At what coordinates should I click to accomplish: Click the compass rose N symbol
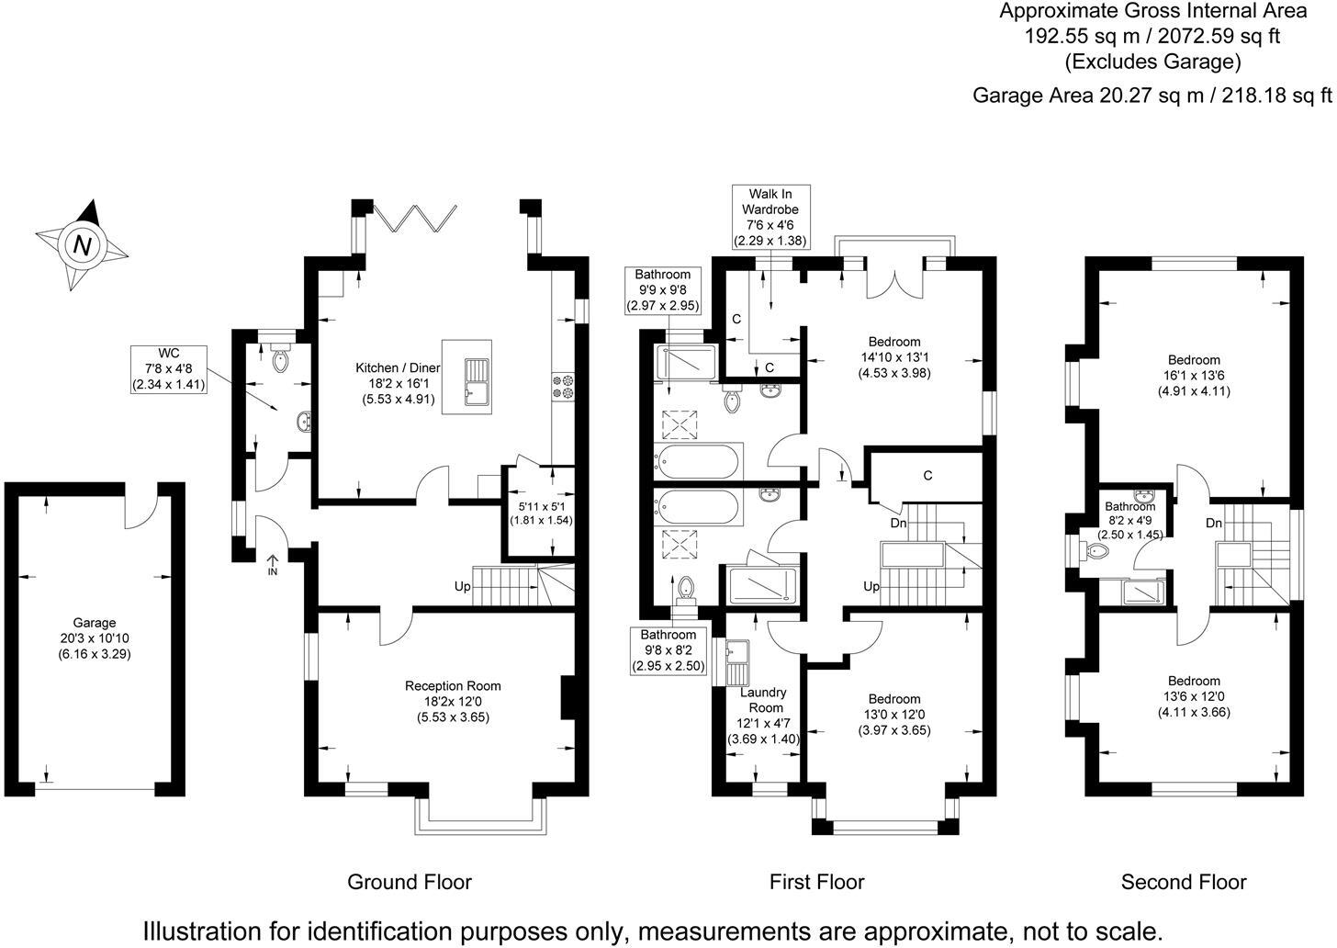pyautogui.click(x=83, y=245)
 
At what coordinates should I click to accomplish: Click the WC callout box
pyautogui.click(x=168, y=369)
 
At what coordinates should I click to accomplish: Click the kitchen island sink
pyautogui.click(x=477, y=381)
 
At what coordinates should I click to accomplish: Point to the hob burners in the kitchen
pyautogui.click(x=562, y=387)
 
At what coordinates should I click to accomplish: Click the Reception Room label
pyautogui.click(x=453, y=701)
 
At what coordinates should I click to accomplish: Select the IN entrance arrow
pyautogui.click(x=273, y=564)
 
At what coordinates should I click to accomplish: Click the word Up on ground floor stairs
pyautogui.click(x=463, y=585)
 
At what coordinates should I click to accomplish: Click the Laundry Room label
pyautogui.click(x=763, y=700)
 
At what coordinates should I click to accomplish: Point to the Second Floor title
pyautogui.click(x=1183, y=883)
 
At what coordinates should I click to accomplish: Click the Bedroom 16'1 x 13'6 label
pyautogui.click(x=1193, y=375)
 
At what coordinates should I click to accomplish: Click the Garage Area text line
pyautogui.click(x=1152, y=95)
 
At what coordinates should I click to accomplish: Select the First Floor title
pyautogui.click(x=816, y=883)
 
